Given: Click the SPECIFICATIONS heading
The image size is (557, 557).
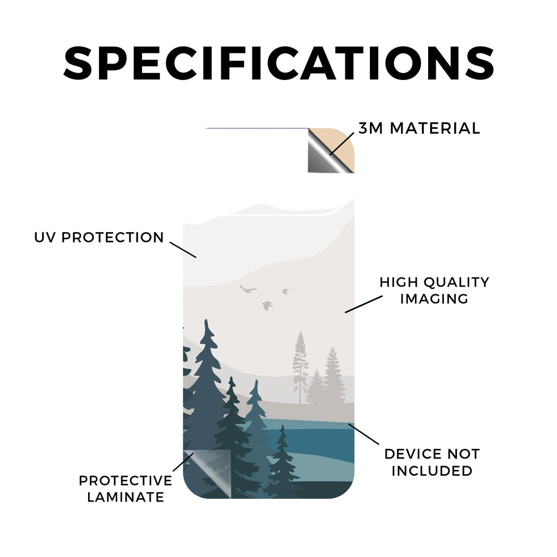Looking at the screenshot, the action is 278,63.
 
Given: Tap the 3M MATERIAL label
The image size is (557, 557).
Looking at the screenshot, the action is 419,128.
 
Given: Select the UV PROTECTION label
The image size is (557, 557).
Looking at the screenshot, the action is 99,237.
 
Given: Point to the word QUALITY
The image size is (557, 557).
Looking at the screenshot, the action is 456,282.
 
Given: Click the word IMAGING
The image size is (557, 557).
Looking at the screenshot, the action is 434,299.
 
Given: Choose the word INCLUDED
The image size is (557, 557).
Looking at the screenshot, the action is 432,471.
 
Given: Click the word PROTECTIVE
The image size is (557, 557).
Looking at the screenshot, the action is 126,481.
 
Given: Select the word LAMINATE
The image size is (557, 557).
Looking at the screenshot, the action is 126,497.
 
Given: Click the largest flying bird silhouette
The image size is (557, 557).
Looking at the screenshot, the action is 248,289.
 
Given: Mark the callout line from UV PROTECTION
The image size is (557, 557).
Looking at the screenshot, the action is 183,250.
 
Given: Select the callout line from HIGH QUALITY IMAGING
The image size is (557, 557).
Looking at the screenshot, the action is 364,304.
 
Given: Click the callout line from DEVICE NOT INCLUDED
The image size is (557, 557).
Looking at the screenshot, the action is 363,434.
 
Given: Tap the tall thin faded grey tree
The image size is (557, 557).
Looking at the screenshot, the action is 300,368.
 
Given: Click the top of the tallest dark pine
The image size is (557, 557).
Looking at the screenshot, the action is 206,320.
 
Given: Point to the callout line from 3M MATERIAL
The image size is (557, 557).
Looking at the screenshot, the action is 342,144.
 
